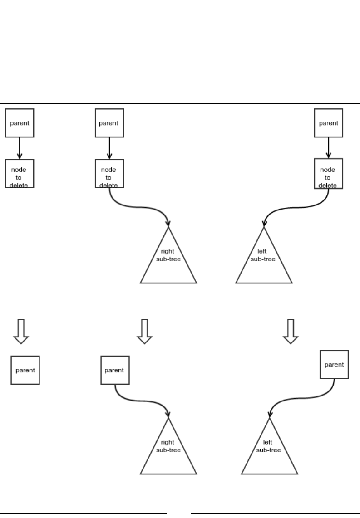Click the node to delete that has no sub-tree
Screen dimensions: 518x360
20,173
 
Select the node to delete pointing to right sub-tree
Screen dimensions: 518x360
109,173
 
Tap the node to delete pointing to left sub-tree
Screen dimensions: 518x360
329,173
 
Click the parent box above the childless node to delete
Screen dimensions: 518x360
20,122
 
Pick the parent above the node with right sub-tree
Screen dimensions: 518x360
109,122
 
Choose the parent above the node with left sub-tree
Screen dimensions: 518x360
329,122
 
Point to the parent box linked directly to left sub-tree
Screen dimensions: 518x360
334,364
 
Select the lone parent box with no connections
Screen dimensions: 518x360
25,370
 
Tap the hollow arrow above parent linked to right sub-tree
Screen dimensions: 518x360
144,331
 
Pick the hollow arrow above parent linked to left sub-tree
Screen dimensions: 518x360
291,331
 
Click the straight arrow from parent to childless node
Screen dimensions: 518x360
20,147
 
